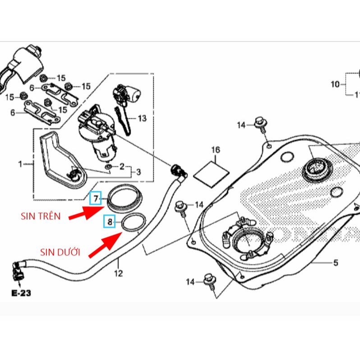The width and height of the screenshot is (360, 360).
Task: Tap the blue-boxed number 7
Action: point(96,198)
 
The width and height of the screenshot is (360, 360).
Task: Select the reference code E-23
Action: point(21,293)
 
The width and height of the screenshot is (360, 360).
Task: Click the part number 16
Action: point(215,149)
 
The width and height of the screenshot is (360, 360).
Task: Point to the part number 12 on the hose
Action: point(118,273)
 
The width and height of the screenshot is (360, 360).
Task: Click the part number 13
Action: point(142,119)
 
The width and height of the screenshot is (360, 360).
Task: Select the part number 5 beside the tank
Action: point(335,262)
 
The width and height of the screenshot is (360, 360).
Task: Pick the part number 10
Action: point(335,84)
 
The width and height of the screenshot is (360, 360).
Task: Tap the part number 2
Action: point(122,167)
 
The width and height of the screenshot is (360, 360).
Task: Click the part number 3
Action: point(138,172)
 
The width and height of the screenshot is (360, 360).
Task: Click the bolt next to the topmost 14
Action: point(260,123)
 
